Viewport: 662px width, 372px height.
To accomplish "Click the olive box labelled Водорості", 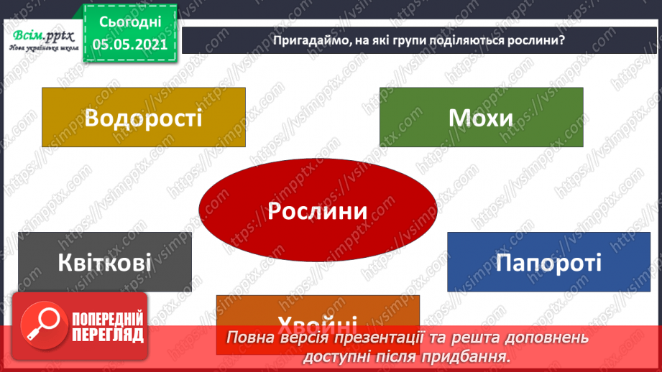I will tap(143, 117).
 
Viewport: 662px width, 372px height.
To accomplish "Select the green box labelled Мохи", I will tap(481, 117).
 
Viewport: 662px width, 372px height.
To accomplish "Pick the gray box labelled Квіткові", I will tap(105, 261).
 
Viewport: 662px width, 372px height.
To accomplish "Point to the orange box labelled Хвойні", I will tap(317, 316).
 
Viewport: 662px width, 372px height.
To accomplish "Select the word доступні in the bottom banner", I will tap(339, 355).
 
